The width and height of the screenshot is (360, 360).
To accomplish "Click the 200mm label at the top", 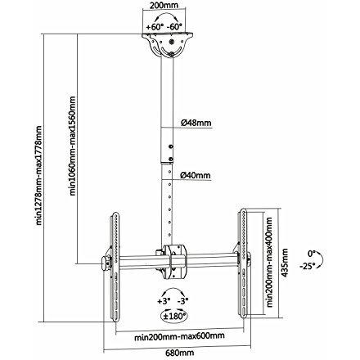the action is click(x=164, y=5).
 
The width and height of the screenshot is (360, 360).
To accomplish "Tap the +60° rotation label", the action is click(x=155, y=27).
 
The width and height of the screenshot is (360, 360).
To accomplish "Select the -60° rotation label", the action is click(x=174, y=27).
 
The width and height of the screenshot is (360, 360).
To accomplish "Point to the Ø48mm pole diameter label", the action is click(x=196, y=123).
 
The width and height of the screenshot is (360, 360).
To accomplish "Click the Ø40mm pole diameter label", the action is click(x=196, y=175).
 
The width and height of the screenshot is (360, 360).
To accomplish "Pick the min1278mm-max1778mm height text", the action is click(x=39, y=175).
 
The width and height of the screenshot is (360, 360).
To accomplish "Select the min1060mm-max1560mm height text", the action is click(x=73, y=146).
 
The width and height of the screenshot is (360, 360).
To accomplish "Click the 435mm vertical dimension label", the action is click(x=285, y=263).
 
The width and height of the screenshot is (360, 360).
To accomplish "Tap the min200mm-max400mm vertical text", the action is click(x=269, y=262).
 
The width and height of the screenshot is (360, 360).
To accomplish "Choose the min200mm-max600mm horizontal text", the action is click(x=179, y=336).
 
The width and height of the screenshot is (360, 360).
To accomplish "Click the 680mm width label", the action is click(x=180, y=353).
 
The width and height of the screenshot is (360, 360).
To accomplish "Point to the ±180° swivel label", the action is click(x=174, y=317).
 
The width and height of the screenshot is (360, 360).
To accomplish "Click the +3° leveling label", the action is click(x=164, y=301).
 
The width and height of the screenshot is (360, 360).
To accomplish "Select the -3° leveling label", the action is click(x=182, y=301).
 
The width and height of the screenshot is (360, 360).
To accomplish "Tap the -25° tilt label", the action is click(x=308, y=265).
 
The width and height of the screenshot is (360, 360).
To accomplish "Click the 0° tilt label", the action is click(x=312, y=254).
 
